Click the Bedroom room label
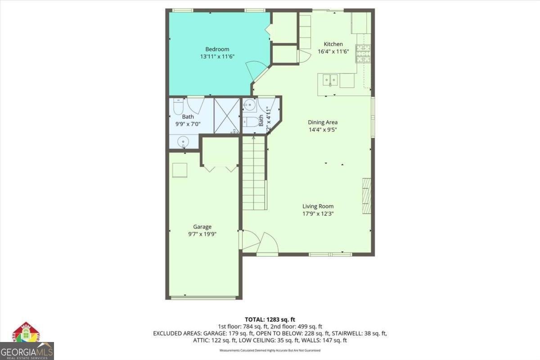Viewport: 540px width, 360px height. [217, 49]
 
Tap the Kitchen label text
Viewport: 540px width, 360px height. [333, 44]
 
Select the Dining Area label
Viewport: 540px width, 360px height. [323, 122]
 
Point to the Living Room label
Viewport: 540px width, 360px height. [318, 207]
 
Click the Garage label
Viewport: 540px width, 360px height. [202, 227]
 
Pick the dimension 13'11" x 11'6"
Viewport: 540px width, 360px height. [218, 57]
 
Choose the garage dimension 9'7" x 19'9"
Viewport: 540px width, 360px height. [202, 234]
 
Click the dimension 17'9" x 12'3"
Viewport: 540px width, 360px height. [318, 214]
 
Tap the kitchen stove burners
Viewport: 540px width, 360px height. [363, 53]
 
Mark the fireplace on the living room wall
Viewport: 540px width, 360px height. [367, 196]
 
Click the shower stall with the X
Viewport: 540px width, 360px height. [227, 116]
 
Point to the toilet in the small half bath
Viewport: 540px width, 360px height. [252, 121]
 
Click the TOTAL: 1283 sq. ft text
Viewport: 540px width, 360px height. [270, 319]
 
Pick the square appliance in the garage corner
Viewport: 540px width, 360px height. [180, 170]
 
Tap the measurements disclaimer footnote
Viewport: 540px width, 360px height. [270, 350]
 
